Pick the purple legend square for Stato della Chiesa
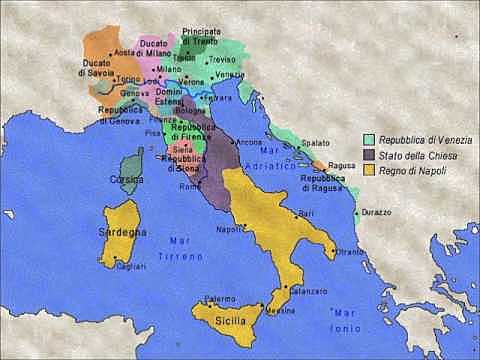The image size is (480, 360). pyautogui.click(x=368, y=155)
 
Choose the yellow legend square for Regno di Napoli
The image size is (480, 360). pyautogui.click(x=368, y=171)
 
